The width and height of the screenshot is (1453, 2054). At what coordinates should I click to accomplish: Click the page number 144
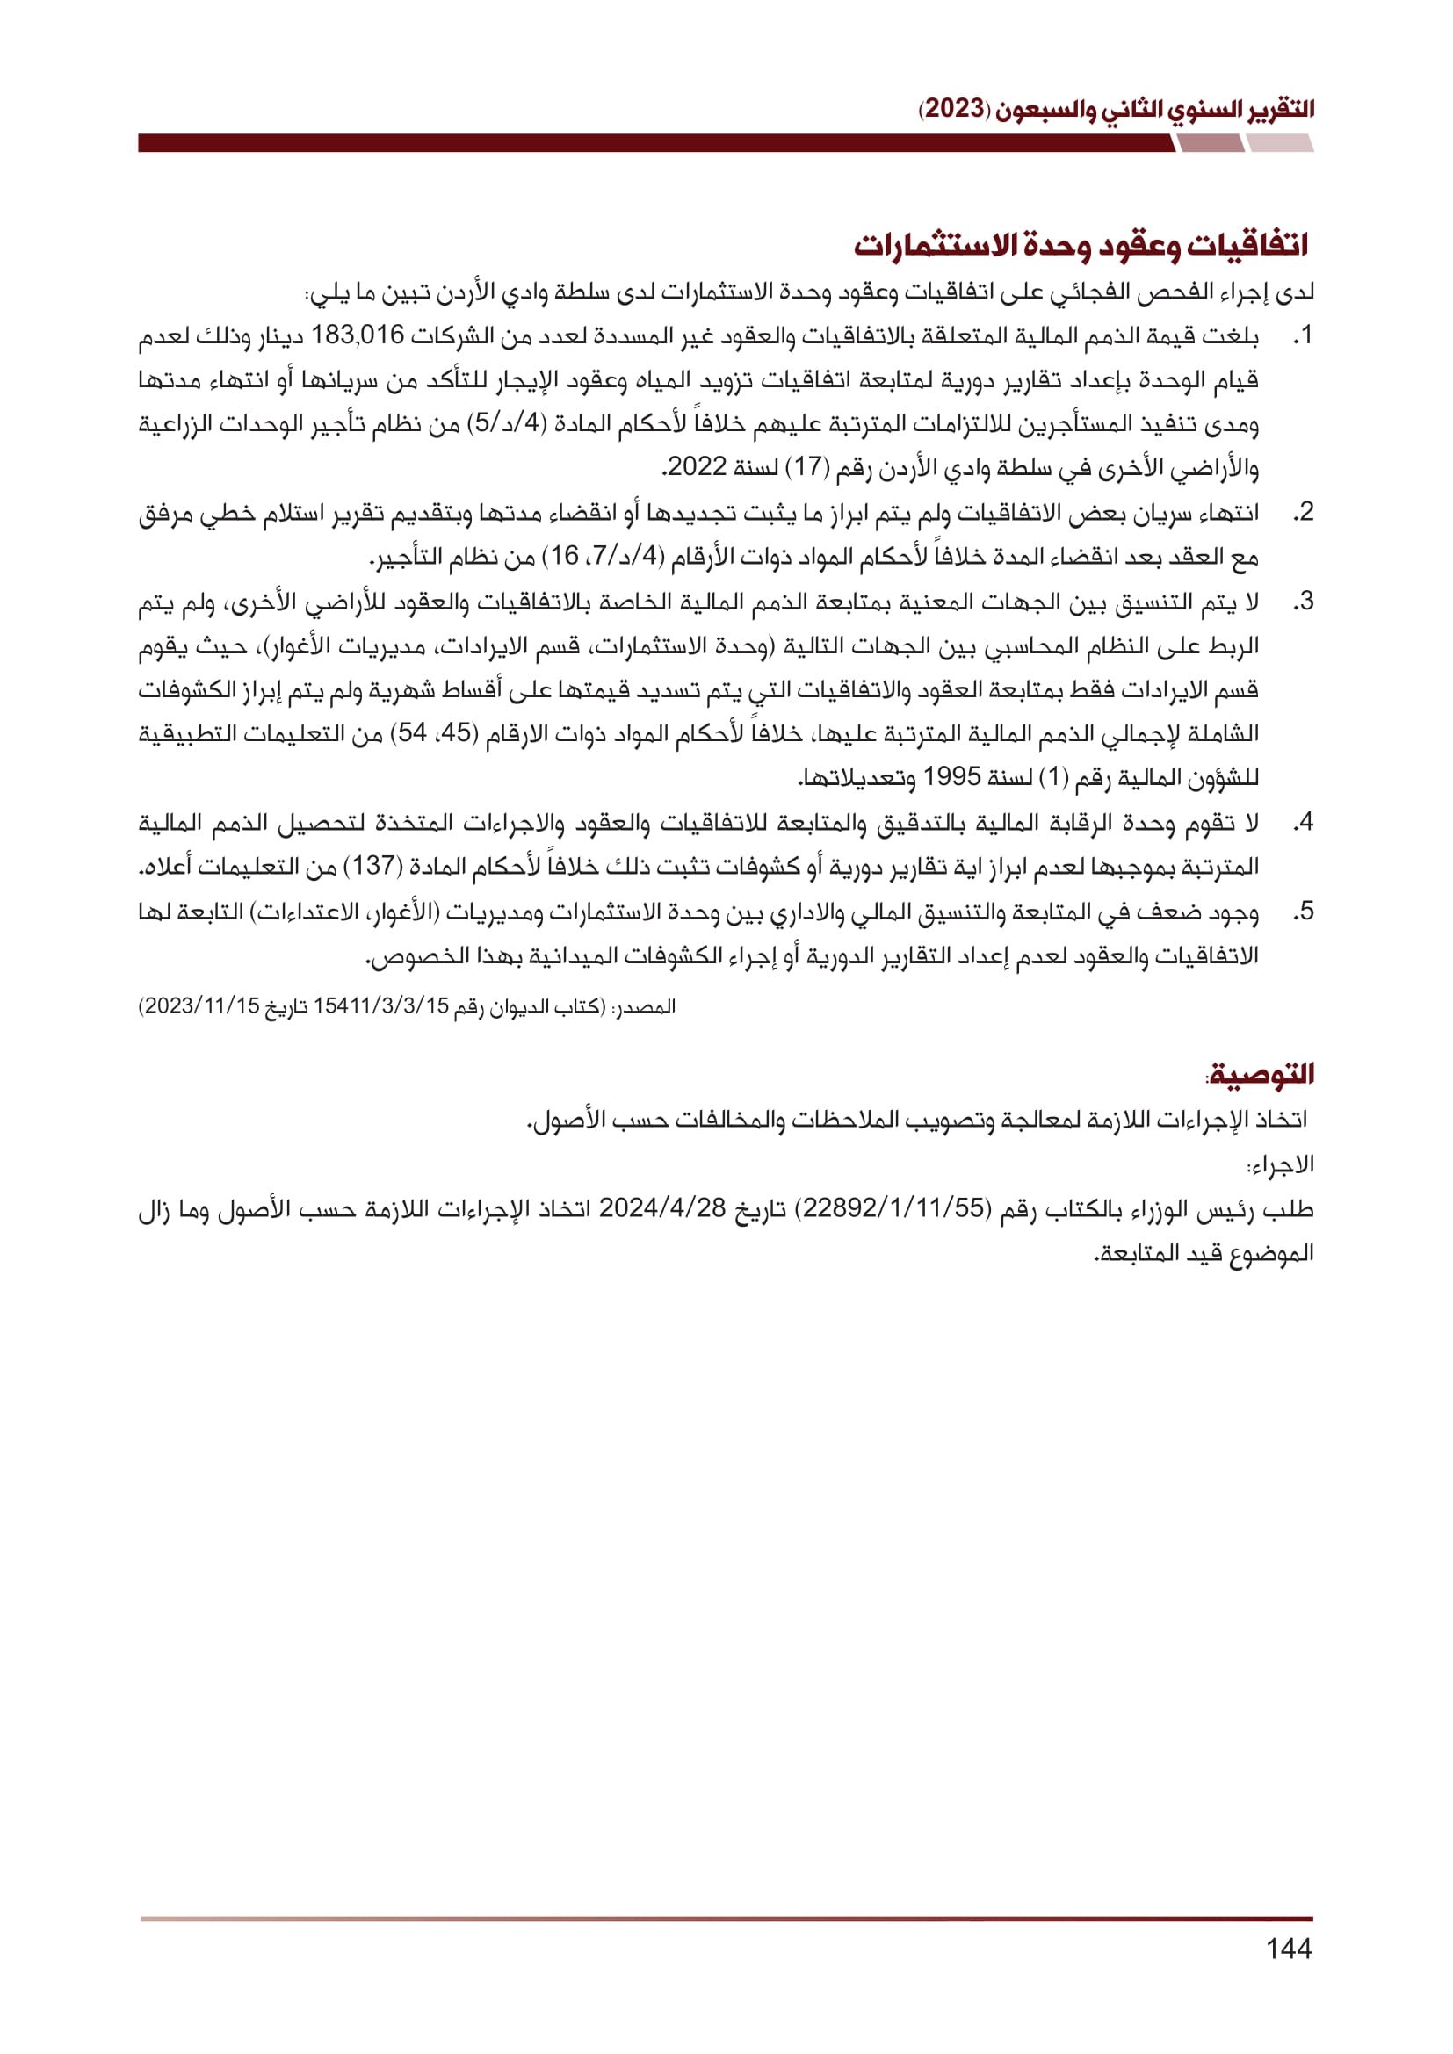click(x=1289, y=1949)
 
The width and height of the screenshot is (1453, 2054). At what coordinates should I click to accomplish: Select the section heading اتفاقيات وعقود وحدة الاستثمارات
click(x=1081, y=245)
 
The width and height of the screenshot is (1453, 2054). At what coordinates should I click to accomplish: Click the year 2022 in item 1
click(x=697, y=468)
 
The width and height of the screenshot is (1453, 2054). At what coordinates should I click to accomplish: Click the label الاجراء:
click(x=1280, y=1165)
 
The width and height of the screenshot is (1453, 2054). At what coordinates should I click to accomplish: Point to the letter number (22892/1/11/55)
click(x=893, y=1209)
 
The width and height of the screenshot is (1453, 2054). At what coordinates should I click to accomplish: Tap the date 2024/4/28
click(x=662, y=1209)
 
